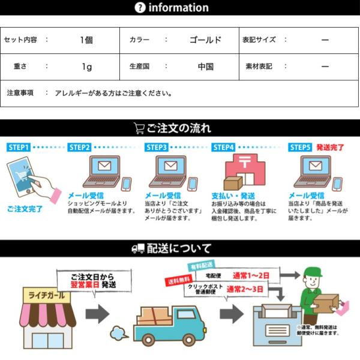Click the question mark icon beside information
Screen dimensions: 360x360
[x=140, y=8]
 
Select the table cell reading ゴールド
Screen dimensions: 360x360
[x=205, y=40]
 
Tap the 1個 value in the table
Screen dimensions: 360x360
[x=86, y=40]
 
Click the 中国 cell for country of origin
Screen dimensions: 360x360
[x=205, y=67]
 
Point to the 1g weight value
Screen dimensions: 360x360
[x=86, y=67]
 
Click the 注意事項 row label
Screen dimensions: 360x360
[x=20, y=93]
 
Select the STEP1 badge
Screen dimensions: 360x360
[x=19, y=147]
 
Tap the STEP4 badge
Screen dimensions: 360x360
[x=223, y=147]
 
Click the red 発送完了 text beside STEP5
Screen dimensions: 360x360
[x=331, y=147]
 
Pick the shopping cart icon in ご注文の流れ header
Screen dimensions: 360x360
[x=139, y=128]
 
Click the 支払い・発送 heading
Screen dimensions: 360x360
[x=233, y=196]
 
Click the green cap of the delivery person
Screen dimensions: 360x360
[x=313, y=273]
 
